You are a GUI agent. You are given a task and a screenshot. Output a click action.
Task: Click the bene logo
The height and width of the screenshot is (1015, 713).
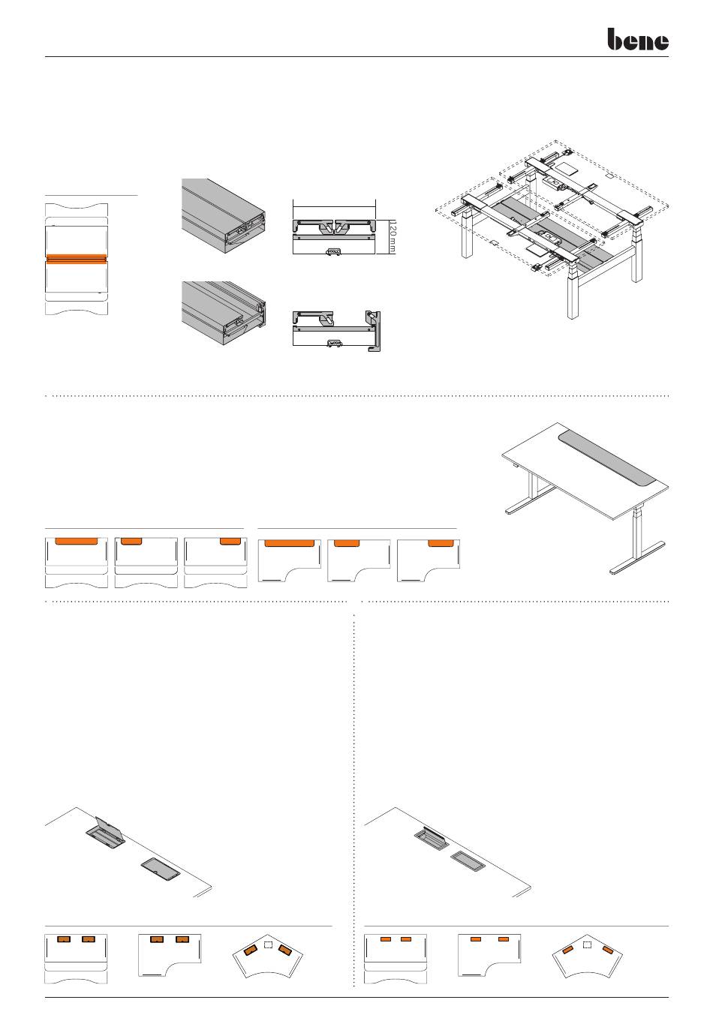[637, 40]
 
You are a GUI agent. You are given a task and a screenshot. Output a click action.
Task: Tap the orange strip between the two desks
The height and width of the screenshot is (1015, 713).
[77, 259]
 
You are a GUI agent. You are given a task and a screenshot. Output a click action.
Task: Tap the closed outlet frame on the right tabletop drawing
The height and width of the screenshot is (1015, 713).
[468, 860]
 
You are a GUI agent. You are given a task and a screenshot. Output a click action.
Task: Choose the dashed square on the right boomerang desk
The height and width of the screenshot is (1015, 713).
[587, 944]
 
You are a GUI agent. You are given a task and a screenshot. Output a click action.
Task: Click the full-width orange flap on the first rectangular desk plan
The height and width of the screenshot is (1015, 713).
[77, 540]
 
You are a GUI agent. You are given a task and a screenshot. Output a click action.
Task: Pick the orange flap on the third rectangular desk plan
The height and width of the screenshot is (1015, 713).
[229, 541]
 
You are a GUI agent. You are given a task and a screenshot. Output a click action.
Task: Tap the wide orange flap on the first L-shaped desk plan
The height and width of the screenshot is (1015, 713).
[289, 542]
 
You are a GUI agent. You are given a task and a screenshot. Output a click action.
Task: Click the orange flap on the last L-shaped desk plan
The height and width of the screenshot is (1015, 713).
[440, 542]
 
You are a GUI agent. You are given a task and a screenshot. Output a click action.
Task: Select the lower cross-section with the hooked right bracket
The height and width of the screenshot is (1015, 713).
[342, 329]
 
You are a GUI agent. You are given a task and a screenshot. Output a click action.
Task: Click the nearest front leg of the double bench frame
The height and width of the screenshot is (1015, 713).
[573, 300]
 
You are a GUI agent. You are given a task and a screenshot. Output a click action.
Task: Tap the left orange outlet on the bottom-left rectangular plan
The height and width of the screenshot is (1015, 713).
[65, 939]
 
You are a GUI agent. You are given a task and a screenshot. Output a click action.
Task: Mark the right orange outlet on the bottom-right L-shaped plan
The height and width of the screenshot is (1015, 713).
[503, 939]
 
